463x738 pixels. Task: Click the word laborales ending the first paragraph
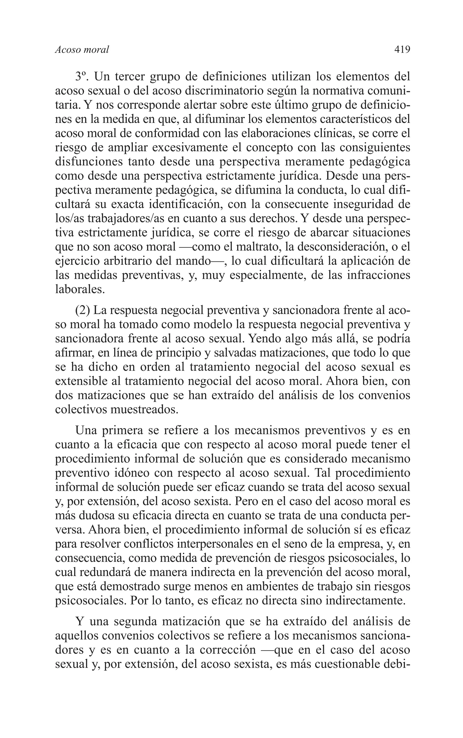pos(80,289)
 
